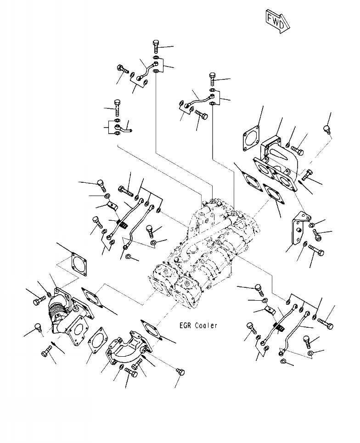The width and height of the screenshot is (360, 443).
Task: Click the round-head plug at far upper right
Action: [x=327, y=129]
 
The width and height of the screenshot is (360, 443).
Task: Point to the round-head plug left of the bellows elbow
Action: [x=38, y=328]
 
